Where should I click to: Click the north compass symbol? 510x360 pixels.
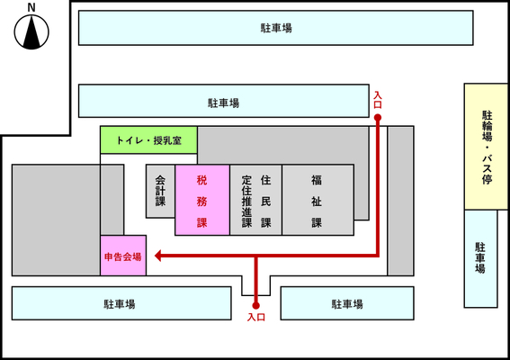click(x=31, y=31)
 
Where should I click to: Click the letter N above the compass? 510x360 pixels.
click(x=31, y=7)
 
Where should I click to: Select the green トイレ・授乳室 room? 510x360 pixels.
click(x=148, y=140)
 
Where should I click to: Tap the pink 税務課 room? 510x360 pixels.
click(x=202, y=200)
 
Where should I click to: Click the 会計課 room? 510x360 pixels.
click(x=160, y=191)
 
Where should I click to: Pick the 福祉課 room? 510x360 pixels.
click(x=318, y=200)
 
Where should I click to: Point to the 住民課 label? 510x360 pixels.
click(x=265, y=202)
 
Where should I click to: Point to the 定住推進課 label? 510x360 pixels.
click(x=246, y=202)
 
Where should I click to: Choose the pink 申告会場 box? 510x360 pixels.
click(x=123, y=256)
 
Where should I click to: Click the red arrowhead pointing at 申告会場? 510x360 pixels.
click(x=158, y=256)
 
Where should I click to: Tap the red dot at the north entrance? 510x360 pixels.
click(x=377, y=118)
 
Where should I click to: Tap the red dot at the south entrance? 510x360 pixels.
click(x=256, y=305)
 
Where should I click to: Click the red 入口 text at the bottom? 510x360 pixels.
click(x=256, y=317)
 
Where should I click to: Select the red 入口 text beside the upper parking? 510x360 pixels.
click(x=378, y=100)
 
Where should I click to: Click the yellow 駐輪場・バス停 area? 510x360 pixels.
click(x=486, y=147)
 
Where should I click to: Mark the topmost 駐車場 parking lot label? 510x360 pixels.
click(x=276, y=28)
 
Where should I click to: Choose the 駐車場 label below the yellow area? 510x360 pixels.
click(x=480, y=257)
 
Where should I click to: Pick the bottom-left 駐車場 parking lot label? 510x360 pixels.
click(x=120, y=304)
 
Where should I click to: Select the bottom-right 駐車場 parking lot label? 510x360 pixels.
click(x=347, y=304)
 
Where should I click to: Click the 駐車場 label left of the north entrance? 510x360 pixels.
click(x=224, y=103)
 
